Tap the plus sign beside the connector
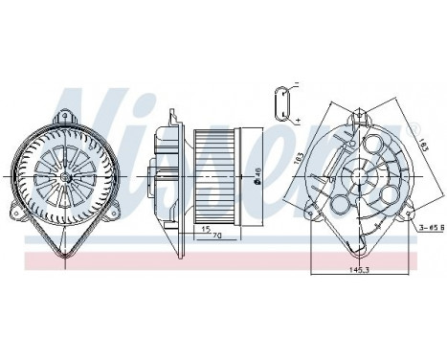[298, 119]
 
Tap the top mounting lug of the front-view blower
[66, 115]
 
